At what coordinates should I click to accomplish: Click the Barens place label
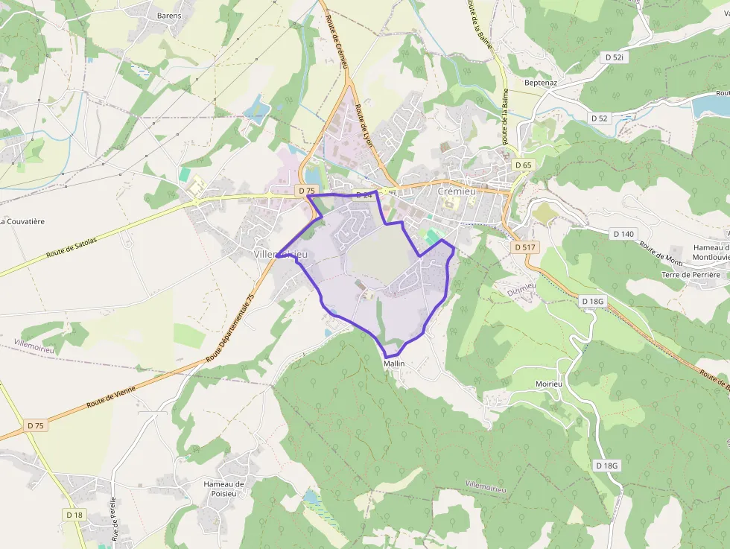click(x=169, y=16)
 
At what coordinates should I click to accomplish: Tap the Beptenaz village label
click(x=541, y=83)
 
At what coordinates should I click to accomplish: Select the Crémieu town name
click(x=456, y=191)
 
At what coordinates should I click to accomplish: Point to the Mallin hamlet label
click(x=394, y=364)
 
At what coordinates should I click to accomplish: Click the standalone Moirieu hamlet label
click(x=547, y=384)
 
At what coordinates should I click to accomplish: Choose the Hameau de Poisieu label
click(x=223, y=489)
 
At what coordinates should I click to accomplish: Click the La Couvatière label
click(x=23, y=221)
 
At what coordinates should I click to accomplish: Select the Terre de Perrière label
click(x=691, y=275)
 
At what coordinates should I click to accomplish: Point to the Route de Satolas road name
click(x=75, y=242)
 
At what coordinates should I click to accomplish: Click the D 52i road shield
click(x=614, y=57)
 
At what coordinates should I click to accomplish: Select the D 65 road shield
click(x=524, y=165)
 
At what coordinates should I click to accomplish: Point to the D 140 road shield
click(x=624, y=234)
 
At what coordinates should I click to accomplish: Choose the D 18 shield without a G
click(x=74, y=515)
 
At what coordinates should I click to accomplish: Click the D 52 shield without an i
click(x=600, y=118)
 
